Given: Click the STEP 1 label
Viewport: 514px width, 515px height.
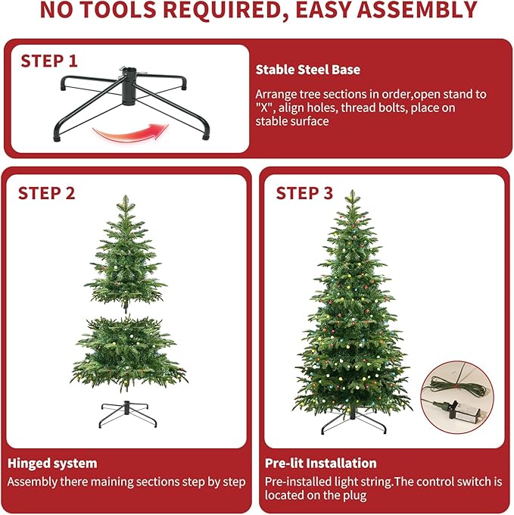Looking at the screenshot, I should (x=49, y=61).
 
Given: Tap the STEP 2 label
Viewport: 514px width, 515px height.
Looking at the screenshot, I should (x=47, y=193).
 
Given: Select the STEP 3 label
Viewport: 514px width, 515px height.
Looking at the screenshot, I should (x=304, y=193).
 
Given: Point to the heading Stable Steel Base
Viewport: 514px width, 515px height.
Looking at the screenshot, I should (x=307, y=70).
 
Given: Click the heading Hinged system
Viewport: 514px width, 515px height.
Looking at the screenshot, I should (x=52, y=463).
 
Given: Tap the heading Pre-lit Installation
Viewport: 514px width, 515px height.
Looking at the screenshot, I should (x=321, y=463).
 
